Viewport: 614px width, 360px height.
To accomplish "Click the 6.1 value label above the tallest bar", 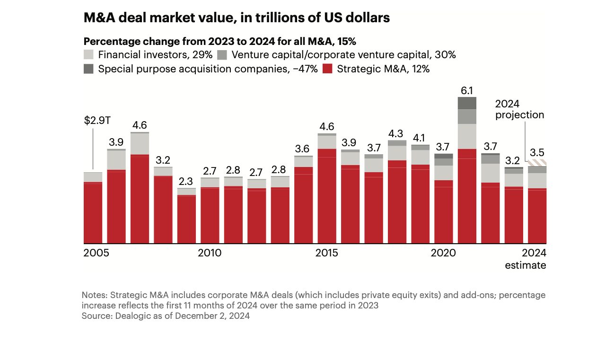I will coord(466,90).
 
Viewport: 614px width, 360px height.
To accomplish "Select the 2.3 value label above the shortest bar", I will coord(186,181).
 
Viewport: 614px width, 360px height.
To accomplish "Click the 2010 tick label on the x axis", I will coord(210,253).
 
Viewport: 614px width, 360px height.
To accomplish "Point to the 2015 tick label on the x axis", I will coord(326,253).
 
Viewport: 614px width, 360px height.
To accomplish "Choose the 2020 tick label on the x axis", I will coord(443,253).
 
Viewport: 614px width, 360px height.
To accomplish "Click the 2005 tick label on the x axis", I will coord(96,253).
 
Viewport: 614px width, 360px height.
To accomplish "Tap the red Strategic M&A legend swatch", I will coord(327,69).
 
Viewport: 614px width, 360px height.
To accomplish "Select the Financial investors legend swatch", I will coord(88,54).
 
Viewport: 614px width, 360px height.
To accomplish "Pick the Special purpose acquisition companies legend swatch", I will coord(88,69).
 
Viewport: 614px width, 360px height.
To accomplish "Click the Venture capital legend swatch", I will coord(223,54).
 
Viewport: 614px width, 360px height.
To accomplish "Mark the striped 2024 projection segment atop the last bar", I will coord(537,163).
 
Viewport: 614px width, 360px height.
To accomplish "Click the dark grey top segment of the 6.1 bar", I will coord(466,103).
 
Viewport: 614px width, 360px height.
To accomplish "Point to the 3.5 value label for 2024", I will coord(537,153).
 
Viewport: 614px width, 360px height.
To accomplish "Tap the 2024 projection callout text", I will coord(519,109).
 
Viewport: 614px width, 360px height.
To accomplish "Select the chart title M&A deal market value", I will coord(237,18).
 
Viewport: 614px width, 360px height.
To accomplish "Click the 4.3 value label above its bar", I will coord(396,133).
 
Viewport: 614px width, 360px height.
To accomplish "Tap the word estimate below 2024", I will coord(525,265).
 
